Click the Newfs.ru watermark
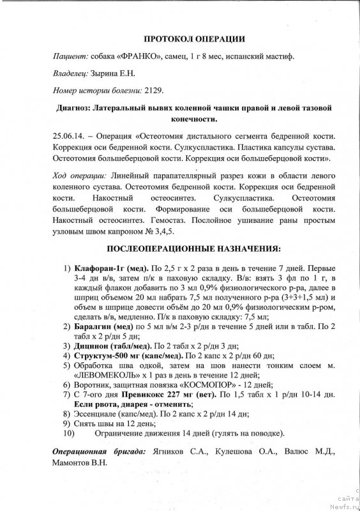345,505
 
